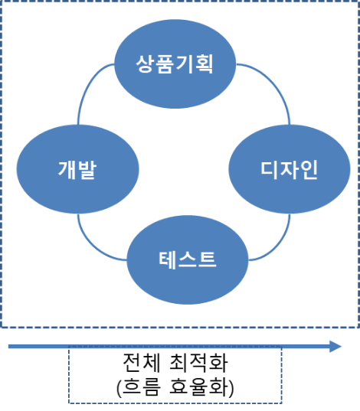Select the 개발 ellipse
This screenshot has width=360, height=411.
point(77,169)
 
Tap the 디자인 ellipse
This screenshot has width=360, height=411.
point(273,169)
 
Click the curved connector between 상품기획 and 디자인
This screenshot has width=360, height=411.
point(273,86)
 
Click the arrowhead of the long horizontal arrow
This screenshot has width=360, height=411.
point(335,347)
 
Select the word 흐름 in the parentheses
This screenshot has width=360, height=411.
point(139,387)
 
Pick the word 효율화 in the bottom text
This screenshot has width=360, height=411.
point(201,387)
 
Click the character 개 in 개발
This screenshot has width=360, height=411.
point(67,169)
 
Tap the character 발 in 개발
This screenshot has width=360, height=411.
point(87,169)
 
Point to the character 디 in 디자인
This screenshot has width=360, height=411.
point(251,169)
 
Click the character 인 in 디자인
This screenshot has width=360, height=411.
point(296,169)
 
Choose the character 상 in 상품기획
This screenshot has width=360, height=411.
point(144,64)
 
